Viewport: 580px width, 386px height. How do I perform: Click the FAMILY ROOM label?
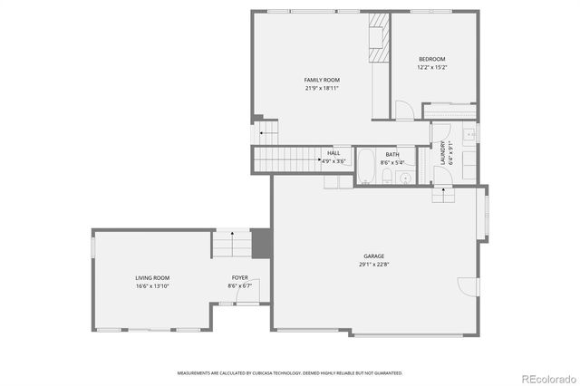point(321,80)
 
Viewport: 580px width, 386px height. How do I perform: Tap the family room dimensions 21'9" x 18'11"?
point(321,88)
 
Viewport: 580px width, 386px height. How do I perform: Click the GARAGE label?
point(374,256)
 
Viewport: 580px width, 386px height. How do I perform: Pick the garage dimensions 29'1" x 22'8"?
point(374,265)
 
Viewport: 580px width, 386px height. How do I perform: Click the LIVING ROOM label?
point(152,277)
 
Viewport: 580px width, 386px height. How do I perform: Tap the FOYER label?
point(239,277)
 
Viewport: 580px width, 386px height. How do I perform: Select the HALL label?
point(333,153)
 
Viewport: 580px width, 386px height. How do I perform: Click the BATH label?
point(391,154)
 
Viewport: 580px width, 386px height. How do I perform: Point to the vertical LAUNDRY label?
point(443,151)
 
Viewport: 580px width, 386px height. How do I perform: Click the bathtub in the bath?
point(364,166)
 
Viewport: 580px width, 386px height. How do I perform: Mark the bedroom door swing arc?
point(403,110)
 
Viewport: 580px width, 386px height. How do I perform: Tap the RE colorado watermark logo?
point(546,378)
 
